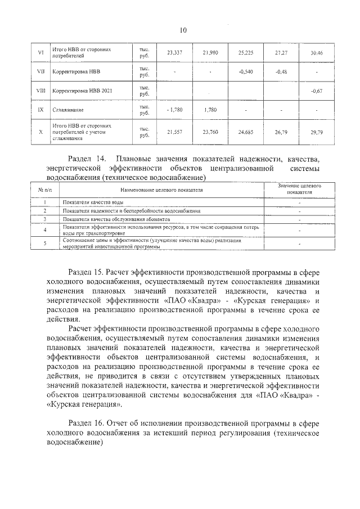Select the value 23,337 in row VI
(x=174, y=53)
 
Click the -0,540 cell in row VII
(x=245, y=71)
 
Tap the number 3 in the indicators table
(x=43, y=218)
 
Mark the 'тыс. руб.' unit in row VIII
(x=144, y=91)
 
